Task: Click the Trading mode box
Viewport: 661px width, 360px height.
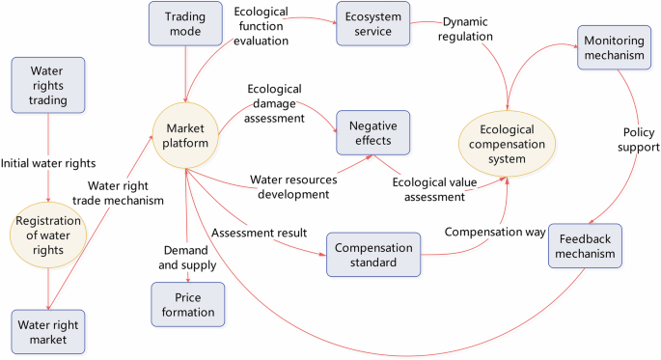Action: click(185, 23)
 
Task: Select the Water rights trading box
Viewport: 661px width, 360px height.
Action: click(47, 84)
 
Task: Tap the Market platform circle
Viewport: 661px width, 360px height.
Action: click(186, 136)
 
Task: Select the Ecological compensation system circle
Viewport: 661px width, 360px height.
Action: click(507, 142)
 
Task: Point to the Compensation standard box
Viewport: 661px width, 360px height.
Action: click(373, 254)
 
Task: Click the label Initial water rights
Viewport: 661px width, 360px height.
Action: click(48, 162)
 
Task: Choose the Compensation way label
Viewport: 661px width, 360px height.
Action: click(490, 233)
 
